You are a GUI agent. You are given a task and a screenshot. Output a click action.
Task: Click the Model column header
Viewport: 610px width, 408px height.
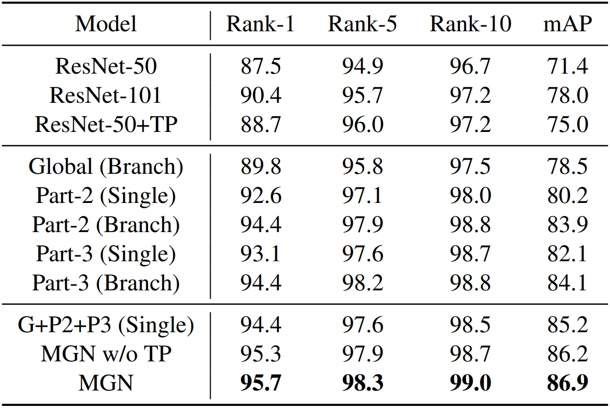[x=106, y=24]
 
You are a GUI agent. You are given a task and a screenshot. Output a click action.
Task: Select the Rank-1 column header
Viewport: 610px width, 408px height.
[x=260, y=24]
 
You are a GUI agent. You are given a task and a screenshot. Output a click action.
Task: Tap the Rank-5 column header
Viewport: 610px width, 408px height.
[x=362, y=24]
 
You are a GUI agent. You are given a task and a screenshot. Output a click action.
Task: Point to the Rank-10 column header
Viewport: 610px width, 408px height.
[x=470, y=24]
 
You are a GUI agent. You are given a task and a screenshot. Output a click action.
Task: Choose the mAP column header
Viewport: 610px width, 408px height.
[x=567, y=24]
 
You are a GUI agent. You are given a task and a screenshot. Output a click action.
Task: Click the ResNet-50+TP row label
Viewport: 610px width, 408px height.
[x=106, y=125]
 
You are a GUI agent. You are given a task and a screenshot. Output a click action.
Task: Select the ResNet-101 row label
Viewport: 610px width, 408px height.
[x=106, y=95]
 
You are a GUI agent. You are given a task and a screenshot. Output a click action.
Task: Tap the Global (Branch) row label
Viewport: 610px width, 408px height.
[x=106, y=167]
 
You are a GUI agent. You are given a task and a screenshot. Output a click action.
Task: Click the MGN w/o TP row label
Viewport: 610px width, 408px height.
[x=106, y=354]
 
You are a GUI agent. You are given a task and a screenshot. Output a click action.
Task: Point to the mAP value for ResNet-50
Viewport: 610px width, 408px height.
[x=567, y=67]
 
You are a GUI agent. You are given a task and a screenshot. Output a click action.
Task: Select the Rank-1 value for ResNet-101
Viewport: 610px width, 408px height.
[x=260, y=95]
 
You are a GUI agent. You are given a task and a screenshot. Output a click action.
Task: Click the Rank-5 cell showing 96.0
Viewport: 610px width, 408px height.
[x=362, y=125]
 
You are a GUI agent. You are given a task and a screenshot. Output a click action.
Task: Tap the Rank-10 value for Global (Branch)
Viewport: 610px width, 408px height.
[x=470, y=167]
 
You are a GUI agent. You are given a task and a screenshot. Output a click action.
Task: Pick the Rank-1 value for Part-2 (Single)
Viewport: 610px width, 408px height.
[x=260, y=196]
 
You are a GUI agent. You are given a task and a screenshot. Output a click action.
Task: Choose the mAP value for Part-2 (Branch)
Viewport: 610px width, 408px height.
[x=567, y=225]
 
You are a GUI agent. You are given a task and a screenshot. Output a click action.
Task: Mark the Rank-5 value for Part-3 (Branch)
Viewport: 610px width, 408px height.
[x=362, y=283]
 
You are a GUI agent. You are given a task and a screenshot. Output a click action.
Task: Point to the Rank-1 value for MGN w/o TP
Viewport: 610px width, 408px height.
[x=260, y=354]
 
